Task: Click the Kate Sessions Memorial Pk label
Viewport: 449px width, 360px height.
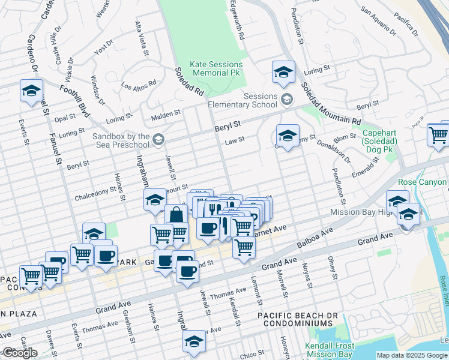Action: (216, 68)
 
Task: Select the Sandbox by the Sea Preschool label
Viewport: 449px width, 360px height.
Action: (121, 140)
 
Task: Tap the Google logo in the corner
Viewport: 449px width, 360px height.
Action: (20, 353)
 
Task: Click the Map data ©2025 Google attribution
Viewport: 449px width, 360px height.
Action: (412, 355)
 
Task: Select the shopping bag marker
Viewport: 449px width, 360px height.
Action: (176, 215)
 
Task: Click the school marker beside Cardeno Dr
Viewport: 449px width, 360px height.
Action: (31, 91)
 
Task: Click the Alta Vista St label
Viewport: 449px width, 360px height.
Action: (142, 37)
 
